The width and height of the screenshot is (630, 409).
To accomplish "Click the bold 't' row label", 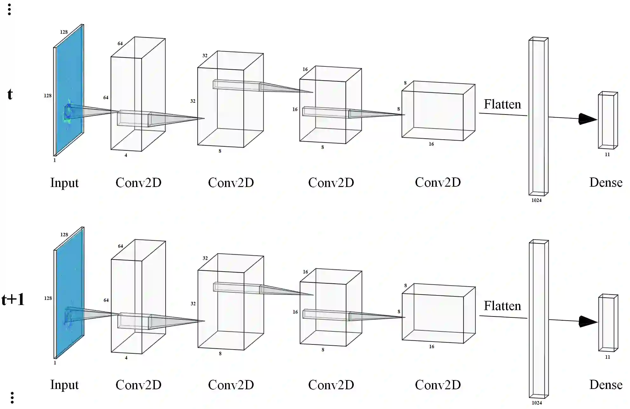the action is pyautogui.click(x=10, y=94).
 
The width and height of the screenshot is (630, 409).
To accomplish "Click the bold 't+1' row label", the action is pyautogui.click(x=13, y=300).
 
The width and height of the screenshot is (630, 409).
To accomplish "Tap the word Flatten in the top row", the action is pyautogui.click(x=502, y=104).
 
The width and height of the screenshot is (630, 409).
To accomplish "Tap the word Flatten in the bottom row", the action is pyautogui.click(x=502, y=306).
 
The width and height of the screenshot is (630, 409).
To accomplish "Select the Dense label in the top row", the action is pyautogui.click(x=606, y=183).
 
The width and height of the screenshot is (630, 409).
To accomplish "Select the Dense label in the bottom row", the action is pyautogui.click(x=606, y=385).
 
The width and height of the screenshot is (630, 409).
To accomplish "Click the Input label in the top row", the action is pyautogui.click(x=64, y=183).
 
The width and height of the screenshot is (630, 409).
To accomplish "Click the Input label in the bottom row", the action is pyautogui.click(x=64, y=385).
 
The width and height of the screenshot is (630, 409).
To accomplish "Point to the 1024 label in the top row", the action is pyautogui.click(x=537, y=200).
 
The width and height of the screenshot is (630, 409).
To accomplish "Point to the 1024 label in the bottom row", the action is pyautogui.click(x=537, y=403).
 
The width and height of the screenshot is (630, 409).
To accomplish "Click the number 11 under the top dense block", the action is pyautogui.click(x=607, y=155).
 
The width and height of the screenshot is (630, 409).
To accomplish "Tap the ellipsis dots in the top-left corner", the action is pyautogui.click(x=10, y=10).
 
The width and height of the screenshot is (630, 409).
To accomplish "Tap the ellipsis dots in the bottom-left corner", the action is pyautogui.click(x=12, y=398).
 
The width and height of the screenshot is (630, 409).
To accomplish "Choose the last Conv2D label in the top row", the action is pyautogui.click(x=438, y=183).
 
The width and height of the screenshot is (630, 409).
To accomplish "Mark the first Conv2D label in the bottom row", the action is pyautogui.click(x=138, y=385).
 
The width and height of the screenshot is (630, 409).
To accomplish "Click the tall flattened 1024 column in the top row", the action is pyautogui.click(x=538, y=116).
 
